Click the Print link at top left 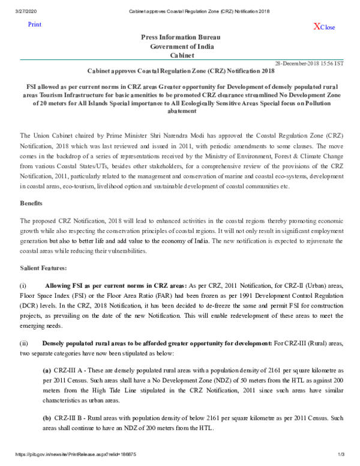pos(35,24)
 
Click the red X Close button pos(324,27)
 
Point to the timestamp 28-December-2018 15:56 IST pos(309,63)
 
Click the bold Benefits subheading pos(31,204)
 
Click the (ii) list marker pos(24,342)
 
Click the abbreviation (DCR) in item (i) pos(29,307)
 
